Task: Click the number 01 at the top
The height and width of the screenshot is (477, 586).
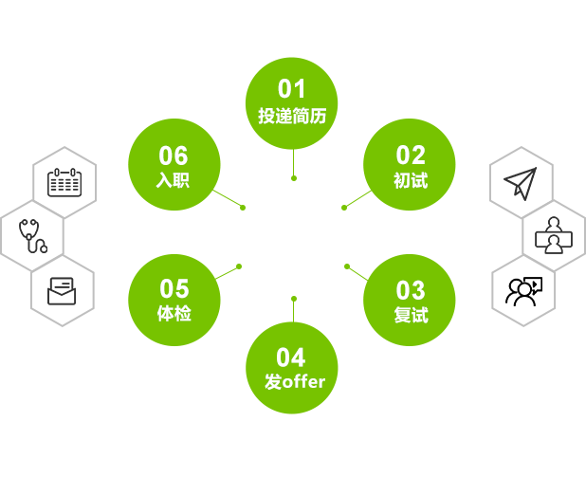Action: click(292, 89)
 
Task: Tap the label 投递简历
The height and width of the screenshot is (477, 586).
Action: click(292, 117)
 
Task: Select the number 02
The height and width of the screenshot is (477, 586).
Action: click(411, 155)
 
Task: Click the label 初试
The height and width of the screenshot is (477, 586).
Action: click(411, 180)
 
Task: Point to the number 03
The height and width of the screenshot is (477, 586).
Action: click(411, 289)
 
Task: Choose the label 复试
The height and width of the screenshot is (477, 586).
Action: click(411, 315)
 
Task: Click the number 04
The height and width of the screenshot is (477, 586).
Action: click(292, 358)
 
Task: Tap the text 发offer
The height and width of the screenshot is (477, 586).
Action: click(295, 382)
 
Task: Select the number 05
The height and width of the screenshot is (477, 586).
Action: click(174, 288)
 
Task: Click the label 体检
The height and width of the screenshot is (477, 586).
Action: click(174, 313)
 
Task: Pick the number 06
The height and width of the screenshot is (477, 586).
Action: click(174, 155)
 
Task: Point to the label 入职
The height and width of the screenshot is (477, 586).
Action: click(174, 179)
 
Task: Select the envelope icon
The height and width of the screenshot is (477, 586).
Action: click(63, 290)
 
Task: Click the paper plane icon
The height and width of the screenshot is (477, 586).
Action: click(521, 182)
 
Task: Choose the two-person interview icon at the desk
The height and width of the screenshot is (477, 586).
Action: click(553, 235)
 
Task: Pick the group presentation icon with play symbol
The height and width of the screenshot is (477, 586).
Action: click(523, 290)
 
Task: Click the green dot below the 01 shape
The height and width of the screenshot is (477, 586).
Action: click(294, 178)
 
